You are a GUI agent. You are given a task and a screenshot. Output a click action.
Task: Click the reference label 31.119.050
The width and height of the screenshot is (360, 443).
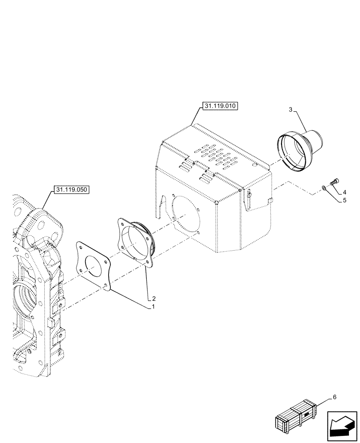[x=71, y=190]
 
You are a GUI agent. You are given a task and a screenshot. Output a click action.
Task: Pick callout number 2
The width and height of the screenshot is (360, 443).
[x=154, y=299]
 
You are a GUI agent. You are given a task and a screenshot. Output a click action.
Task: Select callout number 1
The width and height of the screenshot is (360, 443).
[x=153, y=307]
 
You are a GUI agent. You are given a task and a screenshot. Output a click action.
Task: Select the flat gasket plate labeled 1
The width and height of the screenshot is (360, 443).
[x=93, y=264]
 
